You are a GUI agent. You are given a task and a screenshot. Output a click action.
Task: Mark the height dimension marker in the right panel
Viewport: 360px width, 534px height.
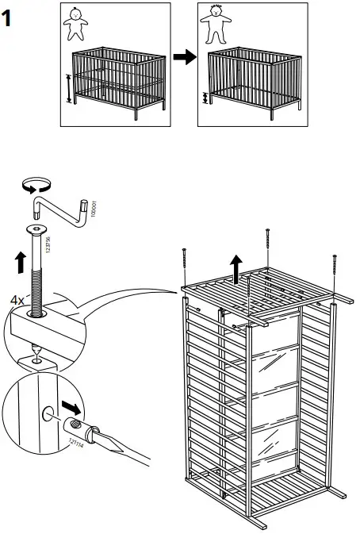(x=207, y=99)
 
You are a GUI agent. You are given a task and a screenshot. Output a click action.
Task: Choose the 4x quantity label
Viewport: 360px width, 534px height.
(x=16, y=300)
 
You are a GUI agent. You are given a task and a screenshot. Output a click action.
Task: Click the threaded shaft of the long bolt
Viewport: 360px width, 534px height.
(x=37, y=274)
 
